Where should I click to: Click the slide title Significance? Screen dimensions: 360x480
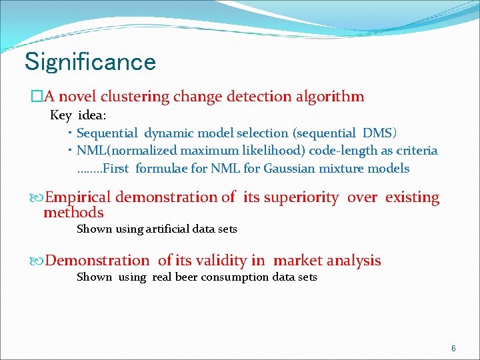coord(90,62)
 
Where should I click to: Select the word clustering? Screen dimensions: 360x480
coord(137,97)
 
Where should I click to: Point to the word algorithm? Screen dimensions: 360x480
coord(331,97)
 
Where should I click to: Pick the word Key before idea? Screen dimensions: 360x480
coord(61,115)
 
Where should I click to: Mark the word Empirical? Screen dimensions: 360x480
coord(81,197)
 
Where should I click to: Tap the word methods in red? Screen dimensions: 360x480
coord(73,213)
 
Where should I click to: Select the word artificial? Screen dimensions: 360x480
coord(163,229)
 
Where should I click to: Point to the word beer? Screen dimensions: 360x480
coord(187,277)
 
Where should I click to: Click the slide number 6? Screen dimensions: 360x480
coord(453,349)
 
